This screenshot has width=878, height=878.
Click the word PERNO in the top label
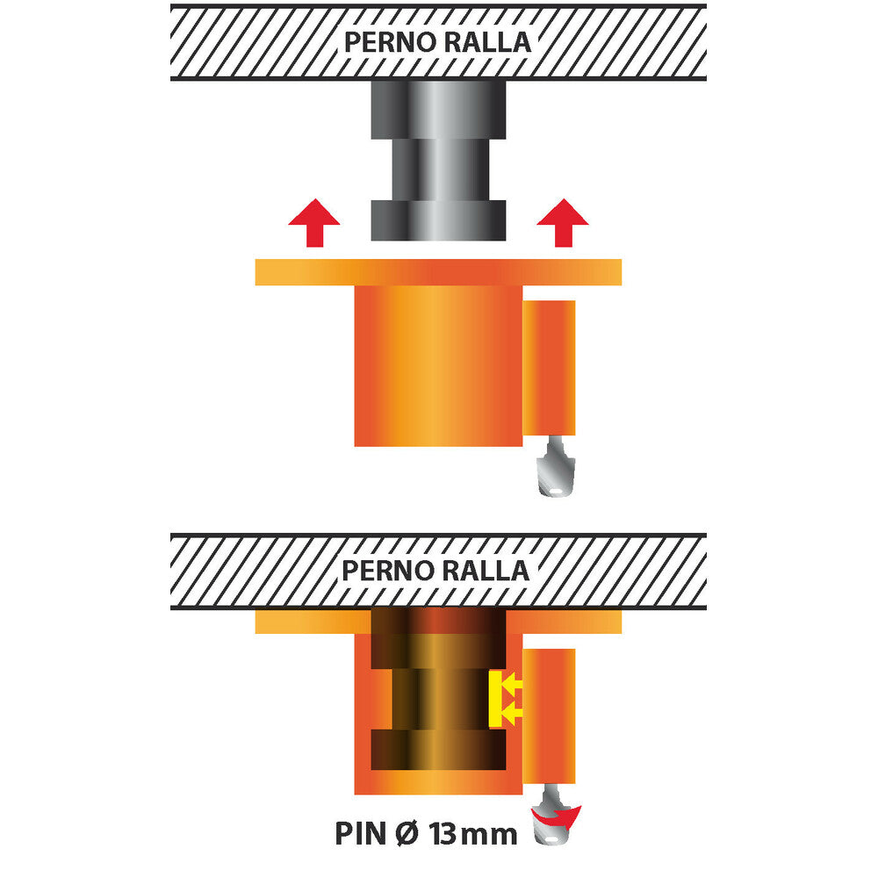(385, 42)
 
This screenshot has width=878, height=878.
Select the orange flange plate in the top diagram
(438, 272)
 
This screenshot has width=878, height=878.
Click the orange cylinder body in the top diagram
(436, 364)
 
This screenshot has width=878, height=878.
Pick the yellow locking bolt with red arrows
(503, 699)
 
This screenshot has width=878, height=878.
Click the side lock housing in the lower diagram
(551, 716)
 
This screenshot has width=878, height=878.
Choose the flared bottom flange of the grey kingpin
(438, 220)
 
